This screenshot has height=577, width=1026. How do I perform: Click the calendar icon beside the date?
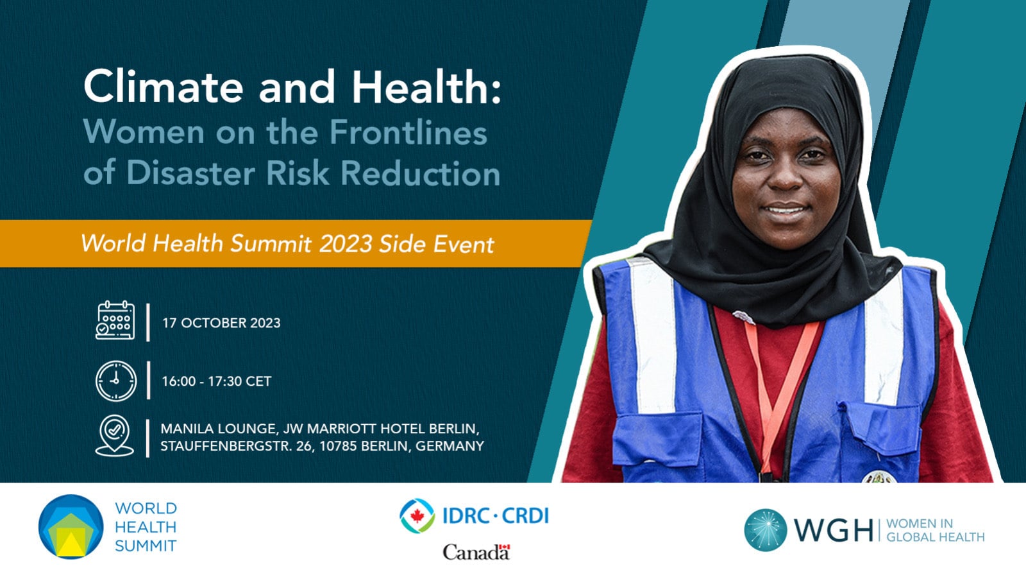(115, 320)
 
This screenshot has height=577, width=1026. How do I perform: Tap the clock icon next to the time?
(116, 381)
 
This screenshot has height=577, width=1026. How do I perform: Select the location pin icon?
(115, 435)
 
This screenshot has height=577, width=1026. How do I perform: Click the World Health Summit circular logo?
(71, 526)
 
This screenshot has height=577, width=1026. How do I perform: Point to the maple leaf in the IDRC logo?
(417, 516)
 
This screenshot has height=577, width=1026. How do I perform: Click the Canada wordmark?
(476, 552)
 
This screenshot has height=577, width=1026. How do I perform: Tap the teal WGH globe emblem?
(766, 530)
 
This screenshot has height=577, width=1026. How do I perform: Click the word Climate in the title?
(164, 87)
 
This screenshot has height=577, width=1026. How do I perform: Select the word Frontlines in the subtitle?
(408, 132)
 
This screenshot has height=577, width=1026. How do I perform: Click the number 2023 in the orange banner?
(346, 243)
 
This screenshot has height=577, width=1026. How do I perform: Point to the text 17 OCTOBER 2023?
(221, 323)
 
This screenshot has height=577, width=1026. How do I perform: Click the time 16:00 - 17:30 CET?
(216, 381)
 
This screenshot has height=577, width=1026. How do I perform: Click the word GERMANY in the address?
(450, 446)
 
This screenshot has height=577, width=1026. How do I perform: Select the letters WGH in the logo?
(834, 530)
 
